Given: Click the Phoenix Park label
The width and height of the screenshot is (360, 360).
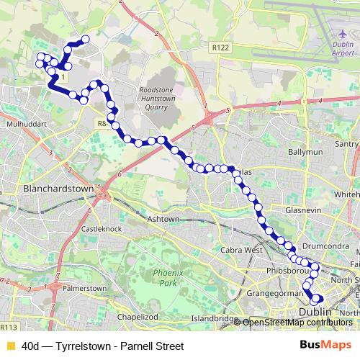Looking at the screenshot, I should tap(165, 279).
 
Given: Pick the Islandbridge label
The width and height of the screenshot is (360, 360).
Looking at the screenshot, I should tap(215, 318).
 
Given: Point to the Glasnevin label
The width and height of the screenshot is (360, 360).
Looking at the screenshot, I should tap(302, 209).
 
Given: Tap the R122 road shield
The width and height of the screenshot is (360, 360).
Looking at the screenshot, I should tap(220, 48).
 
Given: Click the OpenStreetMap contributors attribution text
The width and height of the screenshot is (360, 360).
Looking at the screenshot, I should tap(297, 323).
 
